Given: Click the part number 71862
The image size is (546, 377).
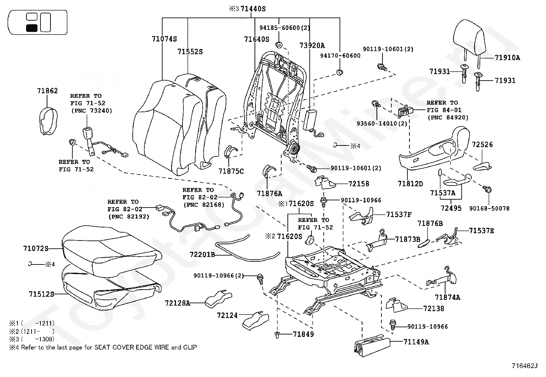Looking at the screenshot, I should [x=47, y=91].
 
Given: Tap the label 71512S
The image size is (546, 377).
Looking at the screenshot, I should [x=41, y=294].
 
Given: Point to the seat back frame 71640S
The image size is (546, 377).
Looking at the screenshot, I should [x=274, y=99].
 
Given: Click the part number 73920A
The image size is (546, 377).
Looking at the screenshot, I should [x=312, y=45].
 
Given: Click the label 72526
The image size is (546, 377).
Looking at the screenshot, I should [x=482, y=144].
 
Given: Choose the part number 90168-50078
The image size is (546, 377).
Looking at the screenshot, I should [x=489, y=208].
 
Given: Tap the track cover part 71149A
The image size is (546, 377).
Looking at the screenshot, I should [x=372, y=344].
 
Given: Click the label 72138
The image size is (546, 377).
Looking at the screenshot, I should [x=434, y=309].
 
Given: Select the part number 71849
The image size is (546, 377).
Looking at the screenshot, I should [x=303, y=334].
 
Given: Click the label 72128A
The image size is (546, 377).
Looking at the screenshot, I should [x=177, y=303].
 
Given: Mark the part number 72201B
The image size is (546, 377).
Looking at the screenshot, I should [x=202, y=255].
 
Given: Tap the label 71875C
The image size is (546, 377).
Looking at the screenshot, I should [x=231, y=170].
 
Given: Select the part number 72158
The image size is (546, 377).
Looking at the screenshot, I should [x=359, y=184].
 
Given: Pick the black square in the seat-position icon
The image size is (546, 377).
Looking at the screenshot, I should [x=32, y=28].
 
